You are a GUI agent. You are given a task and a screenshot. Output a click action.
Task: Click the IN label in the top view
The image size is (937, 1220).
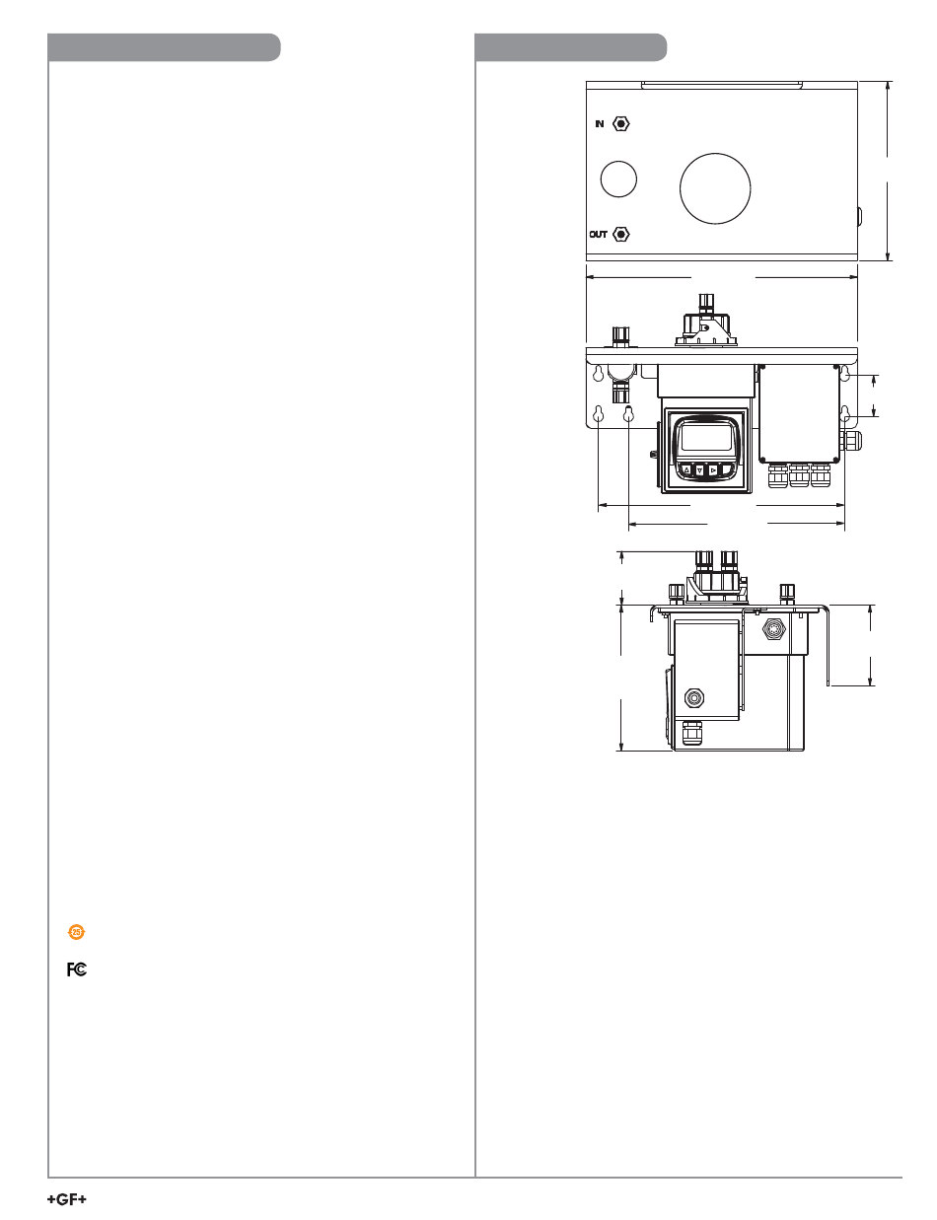pos(600,123)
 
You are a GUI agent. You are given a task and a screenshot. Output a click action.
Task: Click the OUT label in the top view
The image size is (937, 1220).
pos(599,234)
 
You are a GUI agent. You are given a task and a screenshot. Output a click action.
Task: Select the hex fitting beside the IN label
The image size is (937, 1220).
pos(621,123)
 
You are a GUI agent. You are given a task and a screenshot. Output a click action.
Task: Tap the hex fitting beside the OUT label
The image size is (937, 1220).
pos(621,234)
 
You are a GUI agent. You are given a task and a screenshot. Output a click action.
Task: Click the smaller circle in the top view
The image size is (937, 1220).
pos(618,179)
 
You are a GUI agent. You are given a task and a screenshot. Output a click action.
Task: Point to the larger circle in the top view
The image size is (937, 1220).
pos(715,188)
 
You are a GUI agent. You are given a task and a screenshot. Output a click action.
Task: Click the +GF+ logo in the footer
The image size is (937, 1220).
pos(67,1199)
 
